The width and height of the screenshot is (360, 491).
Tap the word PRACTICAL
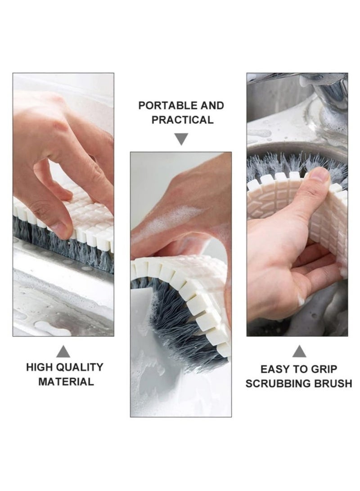[x=182, y=120]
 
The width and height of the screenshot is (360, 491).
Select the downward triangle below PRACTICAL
[x=181, y=139]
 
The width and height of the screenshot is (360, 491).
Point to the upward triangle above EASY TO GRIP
[x=299, y=351]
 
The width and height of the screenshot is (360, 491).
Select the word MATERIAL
[x=66, y=382]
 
